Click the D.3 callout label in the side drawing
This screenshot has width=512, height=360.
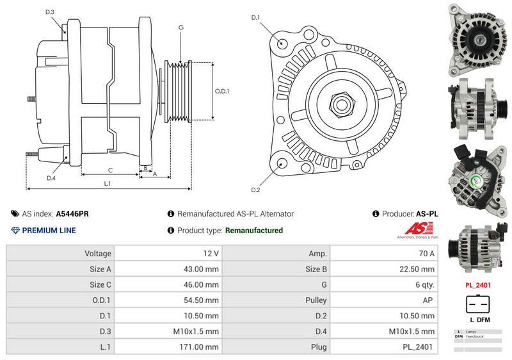pos(50,12)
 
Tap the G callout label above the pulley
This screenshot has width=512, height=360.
pos(181,28)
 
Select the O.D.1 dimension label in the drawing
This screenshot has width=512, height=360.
pos(221,91)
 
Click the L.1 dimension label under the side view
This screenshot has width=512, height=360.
pos(108,184)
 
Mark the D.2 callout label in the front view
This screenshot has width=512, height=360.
pos(255,190)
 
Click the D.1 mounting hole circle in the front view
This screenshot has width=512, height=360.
pos(282,43)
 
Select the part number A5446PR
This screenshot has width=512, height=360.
pos(72,214)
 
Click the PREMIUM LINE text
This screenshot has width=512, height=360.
pos(49,231)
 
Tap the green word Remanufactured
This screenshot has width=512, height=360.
pos(254,231)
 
